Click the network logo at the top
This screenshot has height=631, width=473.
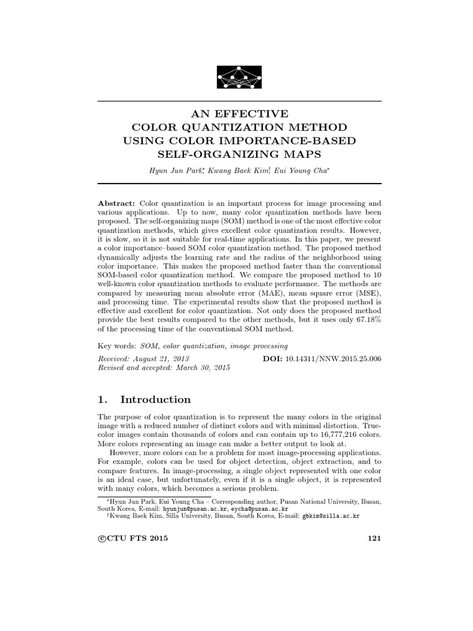coord(239,76)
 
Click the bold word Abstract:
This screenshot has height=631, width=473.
coord(117,203)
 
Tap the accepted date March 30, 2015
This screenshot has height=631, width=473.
coord(192,367)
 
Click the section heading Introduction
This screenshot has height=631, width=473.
coord(156,399)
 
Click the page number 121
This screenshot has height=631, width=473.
coord(374,538)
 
